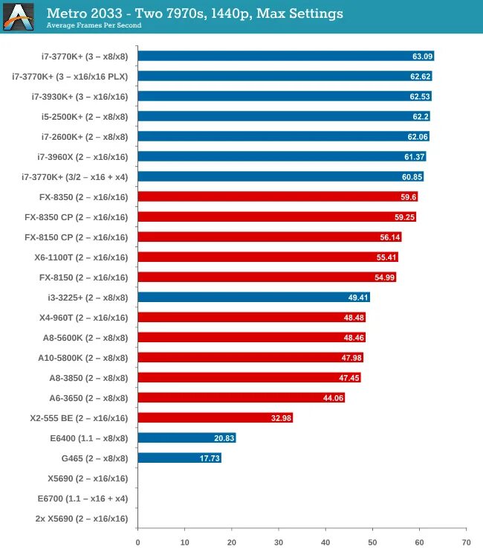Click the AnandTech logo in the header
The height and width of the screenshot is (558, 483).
(x=19, y=16)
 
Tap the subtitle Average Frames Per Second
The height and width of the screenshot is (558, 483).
(x=94, y=25)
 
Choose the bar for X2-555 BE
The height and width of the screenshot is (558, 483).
(x=215, y=417)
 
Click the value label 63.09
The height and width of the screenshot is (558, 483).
(x=421, y=56)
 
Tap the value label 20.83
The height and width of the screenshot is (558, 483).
(x=224, y=437)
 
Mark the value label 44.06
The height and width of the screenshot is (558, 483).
(x=332, y=397)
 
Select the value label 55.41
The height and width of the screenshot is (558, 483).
(x=387, y=257)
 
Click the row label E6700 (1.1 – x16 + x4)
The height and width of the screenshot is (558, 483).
(x=82, y=498)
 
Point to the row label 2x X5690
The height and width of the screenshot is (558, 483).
(x=82, y=518)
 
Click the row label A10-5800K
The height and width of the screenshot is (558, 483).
(x=82, y=357)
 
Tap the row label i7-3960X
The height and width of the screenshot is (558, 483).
(x=82, y=156)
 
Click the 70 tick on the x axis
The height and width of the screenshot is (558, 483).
(x=466, y=542)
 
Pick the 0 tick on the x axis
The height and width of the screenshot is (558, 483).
(x=138, y=542)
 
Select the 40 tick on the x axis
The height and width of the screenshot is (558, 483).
(x=325, y=542)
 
